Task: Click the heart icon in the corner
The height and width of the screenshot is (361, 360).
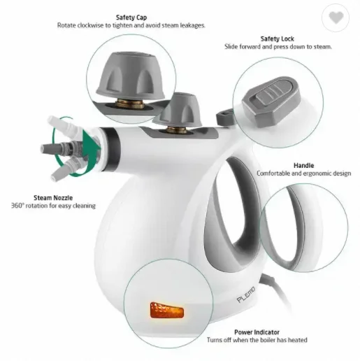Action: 338,18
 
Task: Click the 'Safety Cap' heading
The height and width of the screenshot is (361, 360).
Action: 131,17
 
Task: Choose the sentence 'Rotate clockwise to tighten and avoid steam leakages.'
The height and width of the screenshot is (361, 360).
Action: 131,26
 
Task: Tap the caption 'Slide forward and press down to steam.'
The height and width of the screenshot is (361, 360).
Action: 278,46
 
